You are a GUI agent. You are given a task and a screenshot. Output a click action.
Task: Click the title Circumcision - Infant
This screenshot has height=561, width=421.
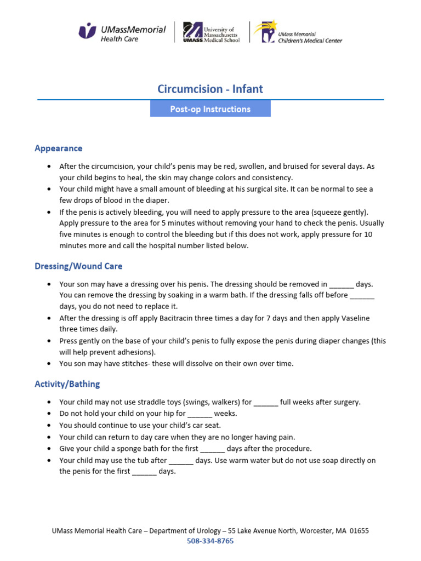click(x=210, y=89)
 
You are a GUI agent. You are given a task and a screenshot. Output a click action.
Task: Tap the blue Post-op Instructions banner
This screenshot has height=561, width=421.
click(x=210, y=109)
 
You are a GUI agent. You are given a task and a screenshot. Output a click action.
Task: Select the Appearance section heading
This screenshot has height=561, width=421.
click(x=59, y=148)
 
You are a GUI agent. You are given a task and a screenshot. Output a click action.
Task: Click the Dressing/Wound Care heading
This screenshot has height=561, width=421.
click(x=78, y=266)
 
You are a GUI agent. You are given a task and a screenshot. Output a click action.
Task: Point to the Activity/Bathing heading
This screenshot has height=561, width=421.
click(x=67, y=384)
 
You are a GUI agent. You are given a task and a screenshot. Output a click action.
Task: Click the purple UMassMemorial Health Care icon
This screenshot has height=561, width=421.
click(x=87, y=31)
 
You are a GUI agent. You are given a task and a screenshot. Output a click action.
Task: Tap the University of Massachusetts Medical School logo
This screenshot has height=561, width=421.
click(x=211, y=32)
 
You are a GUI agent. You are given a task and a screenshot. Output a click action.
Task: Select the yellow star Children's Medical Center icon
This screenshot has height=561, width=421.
click(x=267, y=32)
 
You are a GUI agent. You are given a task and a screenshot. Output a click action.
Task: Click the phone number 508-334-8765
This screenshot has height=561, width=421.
click(x=210, y=541)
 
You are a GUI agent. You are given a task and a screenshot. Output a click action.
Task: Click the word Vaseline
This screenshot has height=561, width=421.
click(x=355, y=318)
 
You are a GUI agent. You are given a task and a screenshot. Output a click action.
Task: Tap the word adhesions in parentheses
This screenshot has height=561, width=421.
click(x=135, y=352)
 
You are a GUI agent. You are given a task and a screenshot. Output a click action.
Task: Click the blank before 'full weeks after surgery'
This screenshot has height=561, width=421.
click(x=266, y=403)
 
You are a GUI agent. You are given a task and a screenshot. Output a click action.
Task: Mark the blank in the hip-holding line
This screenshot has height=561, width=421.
click(x=200, y=414)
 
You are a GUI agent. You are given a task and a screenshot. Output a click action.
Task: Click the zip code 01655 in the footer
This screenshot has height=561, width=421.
click(x=359, y=531)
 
